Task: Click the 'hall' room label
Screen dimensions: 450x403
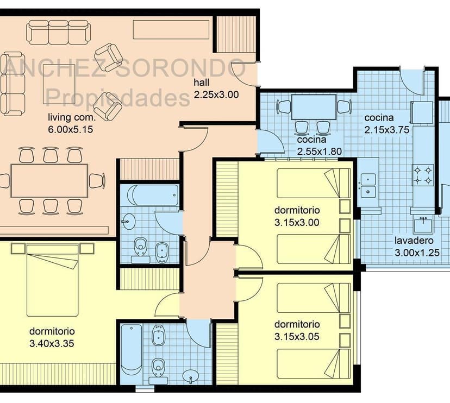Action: click(202, 83)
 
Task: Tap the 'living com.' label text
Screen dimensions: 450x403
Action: click(72, 117)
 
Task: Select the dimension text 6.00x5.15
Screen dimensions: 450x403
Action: click(71, 129)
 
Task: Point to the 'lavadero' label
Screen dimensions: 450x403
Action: click(414, 241)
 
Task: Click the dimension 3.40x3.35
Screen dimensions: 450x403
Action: click(52, 343)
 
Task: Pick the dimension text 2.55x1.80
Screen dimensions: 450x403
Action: click(320, 152)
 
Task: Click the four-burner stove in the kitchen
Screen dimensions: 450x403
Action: click(423, 175)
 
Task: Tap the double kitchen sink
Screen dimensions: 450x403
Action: click(368, 186)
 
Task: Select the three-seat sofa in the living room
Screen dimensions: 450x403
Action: click(58, 32)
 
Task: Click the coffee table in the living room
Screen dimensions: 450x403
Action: click(59, 84)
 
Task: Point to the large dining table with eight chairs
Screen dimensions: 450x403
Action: click(49, 181)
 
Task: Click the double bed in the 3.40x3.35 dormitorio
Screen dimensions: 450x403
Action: click(53, 280)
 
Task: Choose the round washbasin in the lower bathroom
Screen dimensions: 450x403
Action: click(190, 376)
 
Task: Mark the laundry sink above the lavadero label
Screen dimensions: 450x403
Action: click(423, 225)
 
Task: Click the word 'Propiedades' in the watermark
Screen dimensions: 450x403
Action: click(118, 98)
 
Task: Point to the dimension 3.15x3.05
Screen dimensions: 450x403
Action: click(297, 336)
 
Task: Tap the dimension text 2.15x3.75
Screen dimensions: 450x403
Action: click(386, 130)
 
